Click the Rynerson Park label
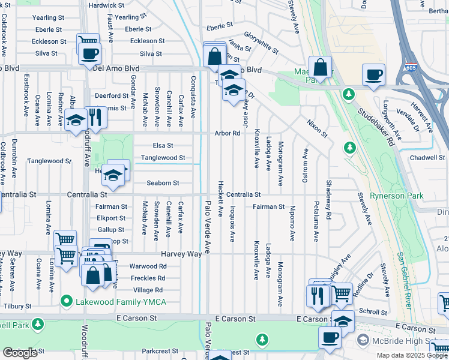pyautogui.click(x=396, y=196)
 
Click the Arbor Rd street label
pyautogui.click(x=228, y=133)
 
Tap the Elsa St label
pyautogui.click(x=163, y=145)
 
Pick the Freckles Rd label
pyautogui.click(x=148, y=278)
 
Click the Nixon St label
pyautogui.click(x=316, y=128)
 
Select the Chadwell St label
pyautogui.click(x=426, y=158)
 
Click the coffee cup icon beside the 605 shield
pyautogui.click(x=373, y=75)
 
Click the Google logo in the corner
pyautogui.click(x=20, y=353)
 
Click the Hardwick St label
pyautogui.click(x=106, y=5)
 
